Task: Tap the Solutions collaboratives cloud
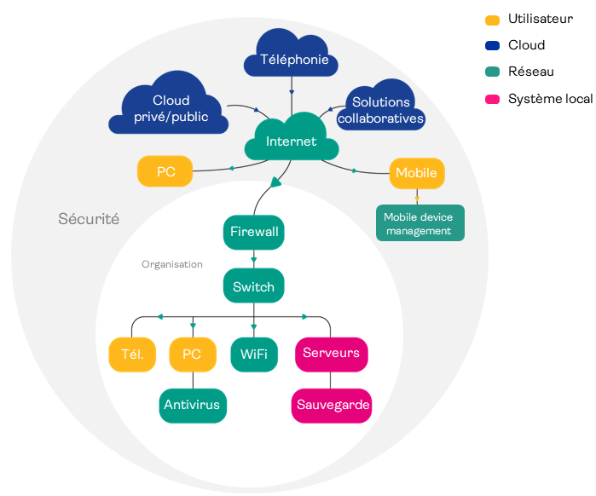point(380,110)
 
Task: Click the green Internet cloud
point(291,141)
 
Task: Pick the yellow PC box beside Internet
point(165,172)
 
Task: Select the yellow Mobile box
point(416,173)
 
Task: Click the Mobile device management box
point(420,223)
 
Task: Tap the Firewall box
point(253,232)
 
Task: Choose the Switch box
point(253,286)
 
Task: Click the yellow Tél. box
point(132,354)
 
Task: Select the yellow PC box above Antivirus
point(192,354)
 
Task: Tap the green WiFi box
point(253,354)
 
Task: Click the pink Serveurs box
point(331,353)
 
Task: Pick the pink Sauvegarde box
point(331,405)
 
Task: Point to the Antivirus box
point(193,405)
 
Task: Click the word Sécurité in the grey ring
point(89,219)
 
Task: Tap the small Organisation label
point(172,264)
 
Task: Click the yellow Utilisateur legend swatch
point(492,19)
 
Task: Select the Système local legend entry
point(549,99)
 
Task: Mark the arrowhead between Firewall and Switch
point(253,259)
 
